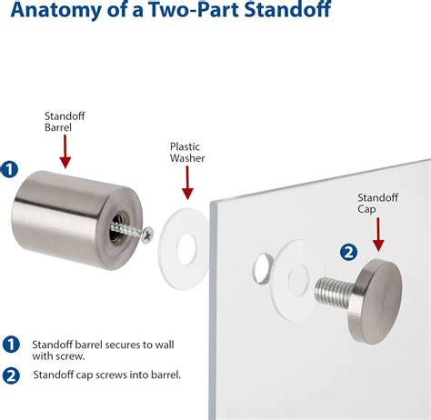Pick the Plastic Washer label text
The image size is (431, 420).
[x=185, y=152]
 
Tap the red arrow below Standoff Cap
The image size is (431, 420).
[x=378, y=236]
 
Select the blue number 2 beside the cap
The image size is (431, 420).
[x=347, y=252]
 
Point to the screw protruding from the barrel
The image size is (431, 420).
[x=130, y=233]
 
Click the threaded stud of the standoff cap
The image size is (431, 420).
[x=331, y=293]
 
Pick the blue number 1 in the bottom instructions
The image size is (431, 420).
[x=11, y=345]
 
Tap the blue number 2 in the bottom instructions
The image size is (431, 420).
[x=11, y=375]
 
